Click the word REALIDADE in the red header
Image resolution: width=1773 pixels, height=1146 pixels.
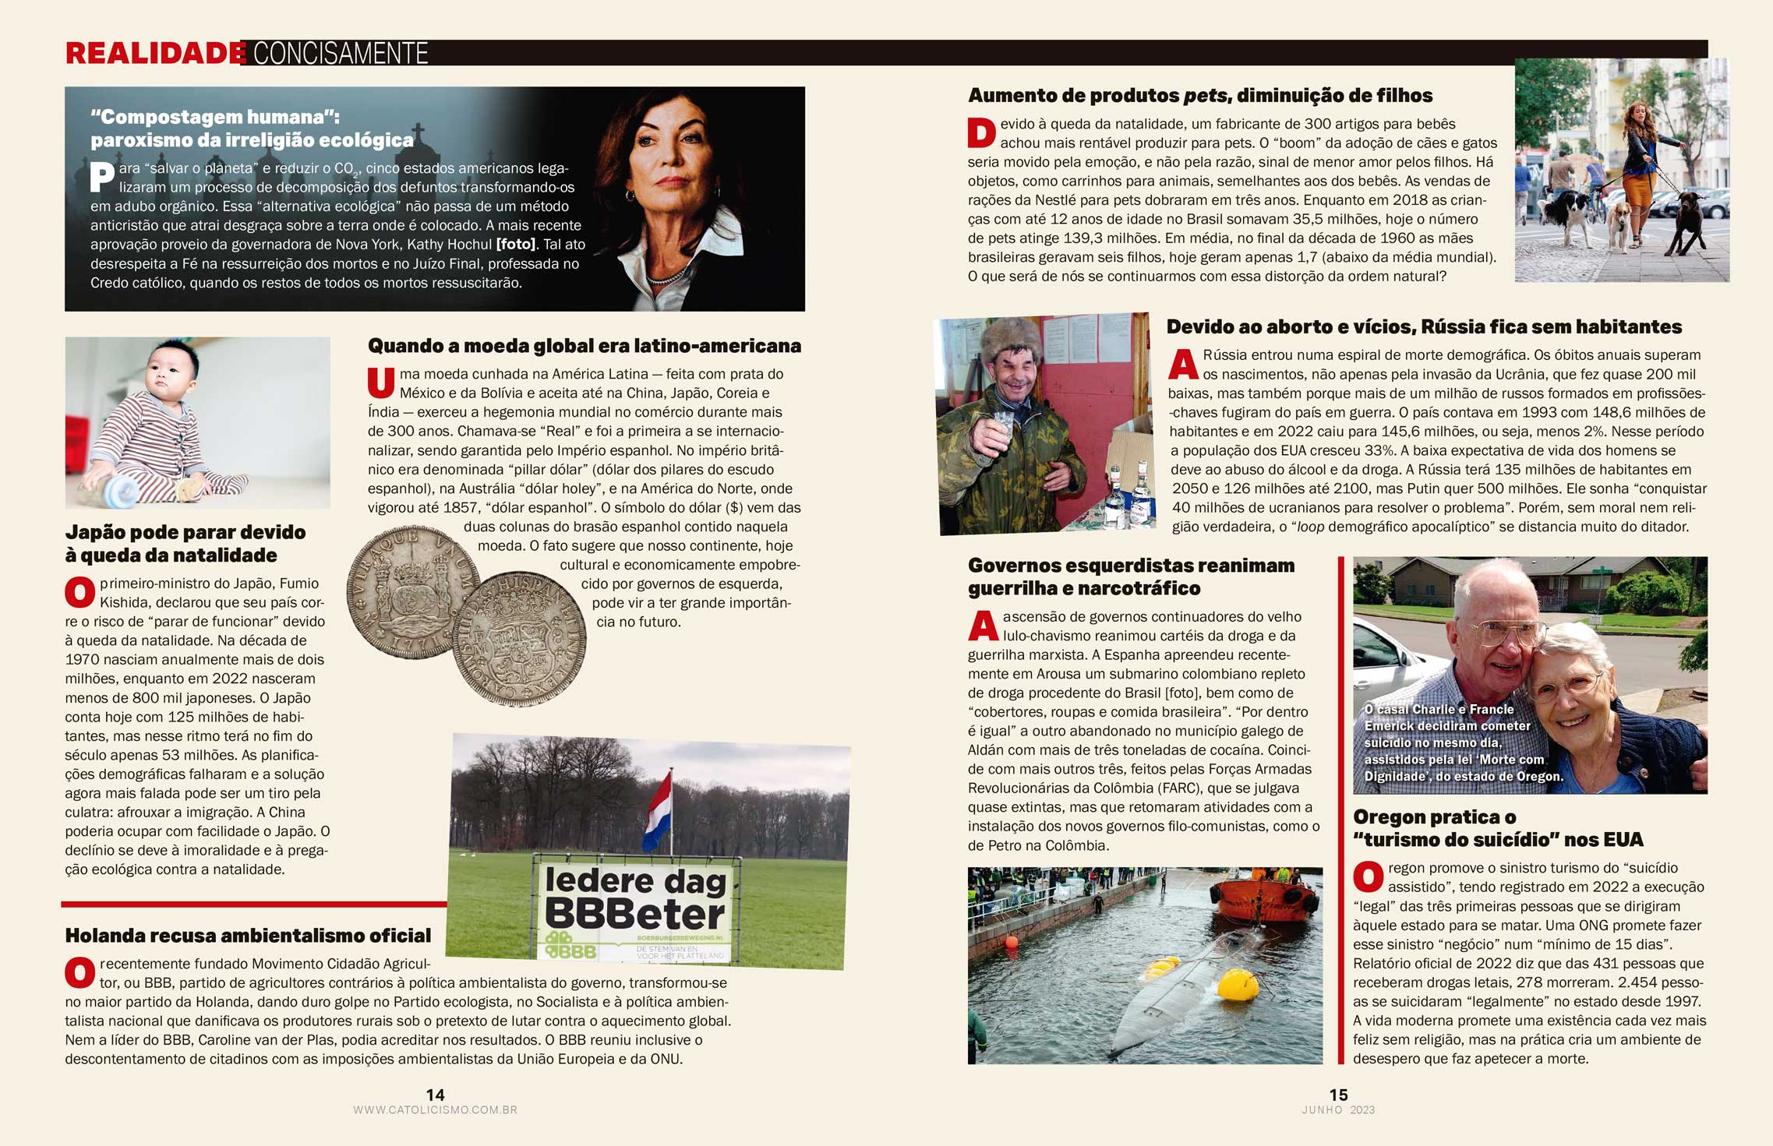155,53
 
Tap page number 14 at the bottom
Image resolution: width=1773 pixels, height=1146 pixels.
435,1095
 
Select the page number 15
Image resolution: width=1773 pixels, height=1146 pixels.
1338,1095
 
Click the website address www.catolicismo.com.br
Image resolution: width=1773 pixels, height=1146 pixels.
435,1110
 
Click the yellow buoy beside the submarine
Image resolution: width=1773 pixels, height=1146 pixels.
1237,985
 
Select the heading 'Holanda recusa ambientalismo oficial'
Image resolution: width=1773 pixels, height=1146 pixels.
248,935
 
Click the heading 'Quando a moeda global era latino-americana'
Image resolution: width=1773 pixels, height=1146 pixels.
584,345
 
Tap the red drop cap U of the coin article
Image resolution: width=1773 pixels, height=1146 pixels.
381,382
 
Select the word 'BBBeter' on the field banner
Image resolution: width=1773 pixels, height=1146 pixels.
635,914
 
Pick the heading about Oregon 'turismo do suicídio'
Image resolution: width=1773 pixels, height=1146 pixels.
1497,828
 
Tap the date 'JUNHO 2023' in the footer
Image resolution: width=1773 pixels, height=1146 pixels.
1338,1110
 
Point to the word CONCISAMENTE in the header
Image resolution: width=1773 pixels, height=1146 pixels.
341,53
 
